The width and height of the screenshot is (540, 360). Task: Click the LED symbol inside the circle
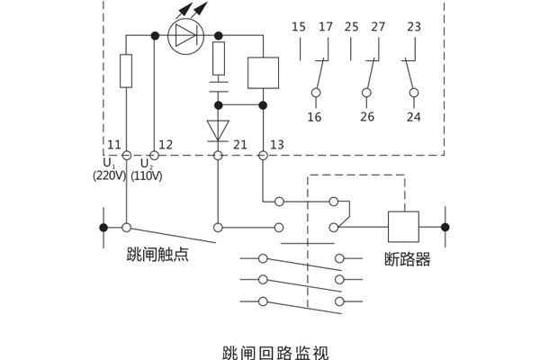coord(186,36)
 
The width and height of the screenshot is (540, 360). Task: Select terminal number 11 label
coord(114,145)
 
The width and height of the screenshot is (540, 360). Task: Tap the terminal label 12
coord(166,145)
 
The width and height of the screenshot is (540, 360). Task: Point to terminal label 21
coord(239,145)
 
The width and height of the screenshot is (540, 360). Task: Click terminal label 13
coord(276,145)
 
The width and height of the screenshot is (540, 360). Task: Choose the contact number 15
coord(299,27)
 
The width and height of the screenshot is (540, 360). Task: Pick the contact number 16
coord(315,117)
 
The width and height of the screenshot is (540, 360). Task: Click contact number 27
coord(378,27)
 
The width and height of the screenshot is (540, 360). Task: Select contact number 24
coord(413,117)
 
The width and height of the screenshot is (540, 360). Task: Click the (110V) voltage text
coord(147,176)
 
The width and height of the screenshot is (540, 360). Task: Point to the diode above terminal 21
coord(218,130)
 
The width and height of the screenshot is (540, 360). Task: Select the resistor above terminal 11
coord(126,71)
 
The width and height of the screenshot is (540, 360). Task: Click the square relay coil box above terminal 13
coord(263,73)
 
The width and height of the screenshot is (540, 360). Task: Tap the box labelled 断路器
coord(403,227)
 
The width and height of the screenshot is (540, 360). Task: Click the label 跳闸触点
coord(157,255)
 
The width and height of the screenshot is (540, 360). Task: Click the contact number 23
coord(413,27)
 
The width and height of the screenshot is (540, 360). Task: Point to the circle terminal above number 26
coord(366,93)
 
